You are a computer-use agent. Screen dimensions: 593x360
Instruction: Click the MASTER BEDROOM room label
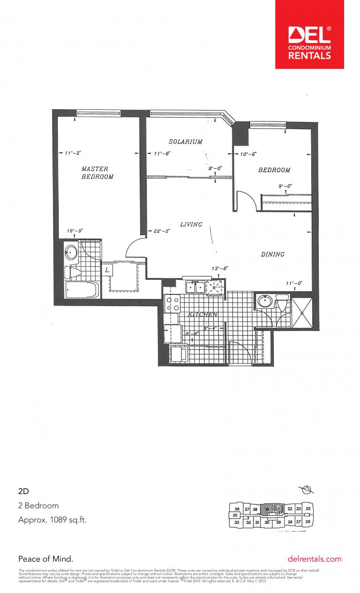click(x=97, y=173)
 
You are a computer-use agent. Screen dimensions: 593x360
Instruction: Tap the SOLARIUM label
click(x=186, y=142)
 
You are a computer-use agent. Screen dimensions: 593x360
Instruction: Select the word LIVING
click(x=191, y=225)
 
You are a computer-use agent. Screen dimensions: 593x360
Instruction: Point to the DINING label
click(x=272, y=255)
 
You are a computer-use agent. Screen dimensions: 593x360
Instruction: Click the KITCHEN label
click(x=202, y=315)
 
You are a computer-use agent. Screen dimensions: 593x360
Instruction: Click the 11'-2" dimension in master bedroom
click(x=74, y=153)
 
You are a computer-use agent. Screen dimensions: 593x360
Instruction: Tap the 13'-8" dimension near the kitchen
click(x=219, y=269)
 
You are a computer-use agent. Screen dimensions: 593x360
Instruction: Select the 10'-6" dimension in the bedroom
click(x=248, y=154)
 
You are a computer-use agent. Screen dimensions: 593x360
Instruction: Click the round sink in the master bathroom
click(x=71, y=253)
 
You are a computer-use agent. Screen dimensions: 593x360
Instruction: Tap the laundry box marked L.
click(x=107, y=270)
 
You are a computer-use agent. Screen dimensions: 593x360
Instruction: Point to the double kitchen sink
click(x=194, y=287)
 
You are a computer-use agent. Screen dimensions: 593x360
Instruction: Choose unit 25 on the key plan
click(x=308, y=509)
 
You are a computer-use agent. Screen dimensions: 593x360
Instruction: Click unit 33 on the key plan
click(x=237, y=522)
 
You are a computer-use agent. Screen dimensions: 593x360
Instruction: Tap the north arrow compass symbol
click(x=307, y=490)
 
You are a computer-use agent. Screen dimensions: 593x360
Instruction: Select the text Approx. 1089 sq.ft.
click(x=52, y=520)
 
